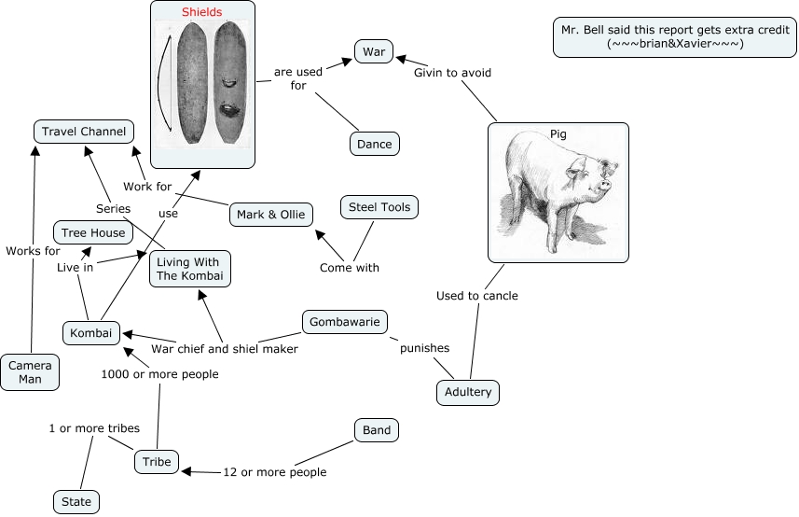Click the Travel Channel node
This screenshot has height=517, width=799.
83,132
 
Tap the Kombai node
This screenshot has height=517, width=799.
91,333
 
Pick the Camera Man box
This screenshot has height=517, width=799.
31,371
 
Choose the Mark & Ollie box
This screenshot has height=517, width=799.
270,215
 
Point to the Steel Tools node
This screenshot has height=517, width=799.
379,206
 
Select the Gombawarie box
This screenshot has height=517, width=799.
345,322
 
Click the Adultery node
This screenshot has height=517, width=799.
468,392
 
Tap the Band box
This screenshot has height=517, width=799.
377,430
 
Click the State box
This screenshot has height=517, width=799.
76,501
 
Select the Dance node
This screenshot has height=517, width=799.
375,144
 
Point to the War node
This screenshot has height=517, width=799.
373,51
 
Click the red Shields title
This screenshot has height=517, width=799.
202,12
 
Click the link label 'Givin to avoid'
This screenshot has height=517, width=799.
452,72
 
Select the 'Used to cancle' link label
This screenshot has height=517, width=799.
477,296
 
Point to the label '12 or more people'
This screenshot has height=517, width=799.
275,472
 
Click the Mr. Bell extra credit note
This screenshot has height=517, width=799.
674,36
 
